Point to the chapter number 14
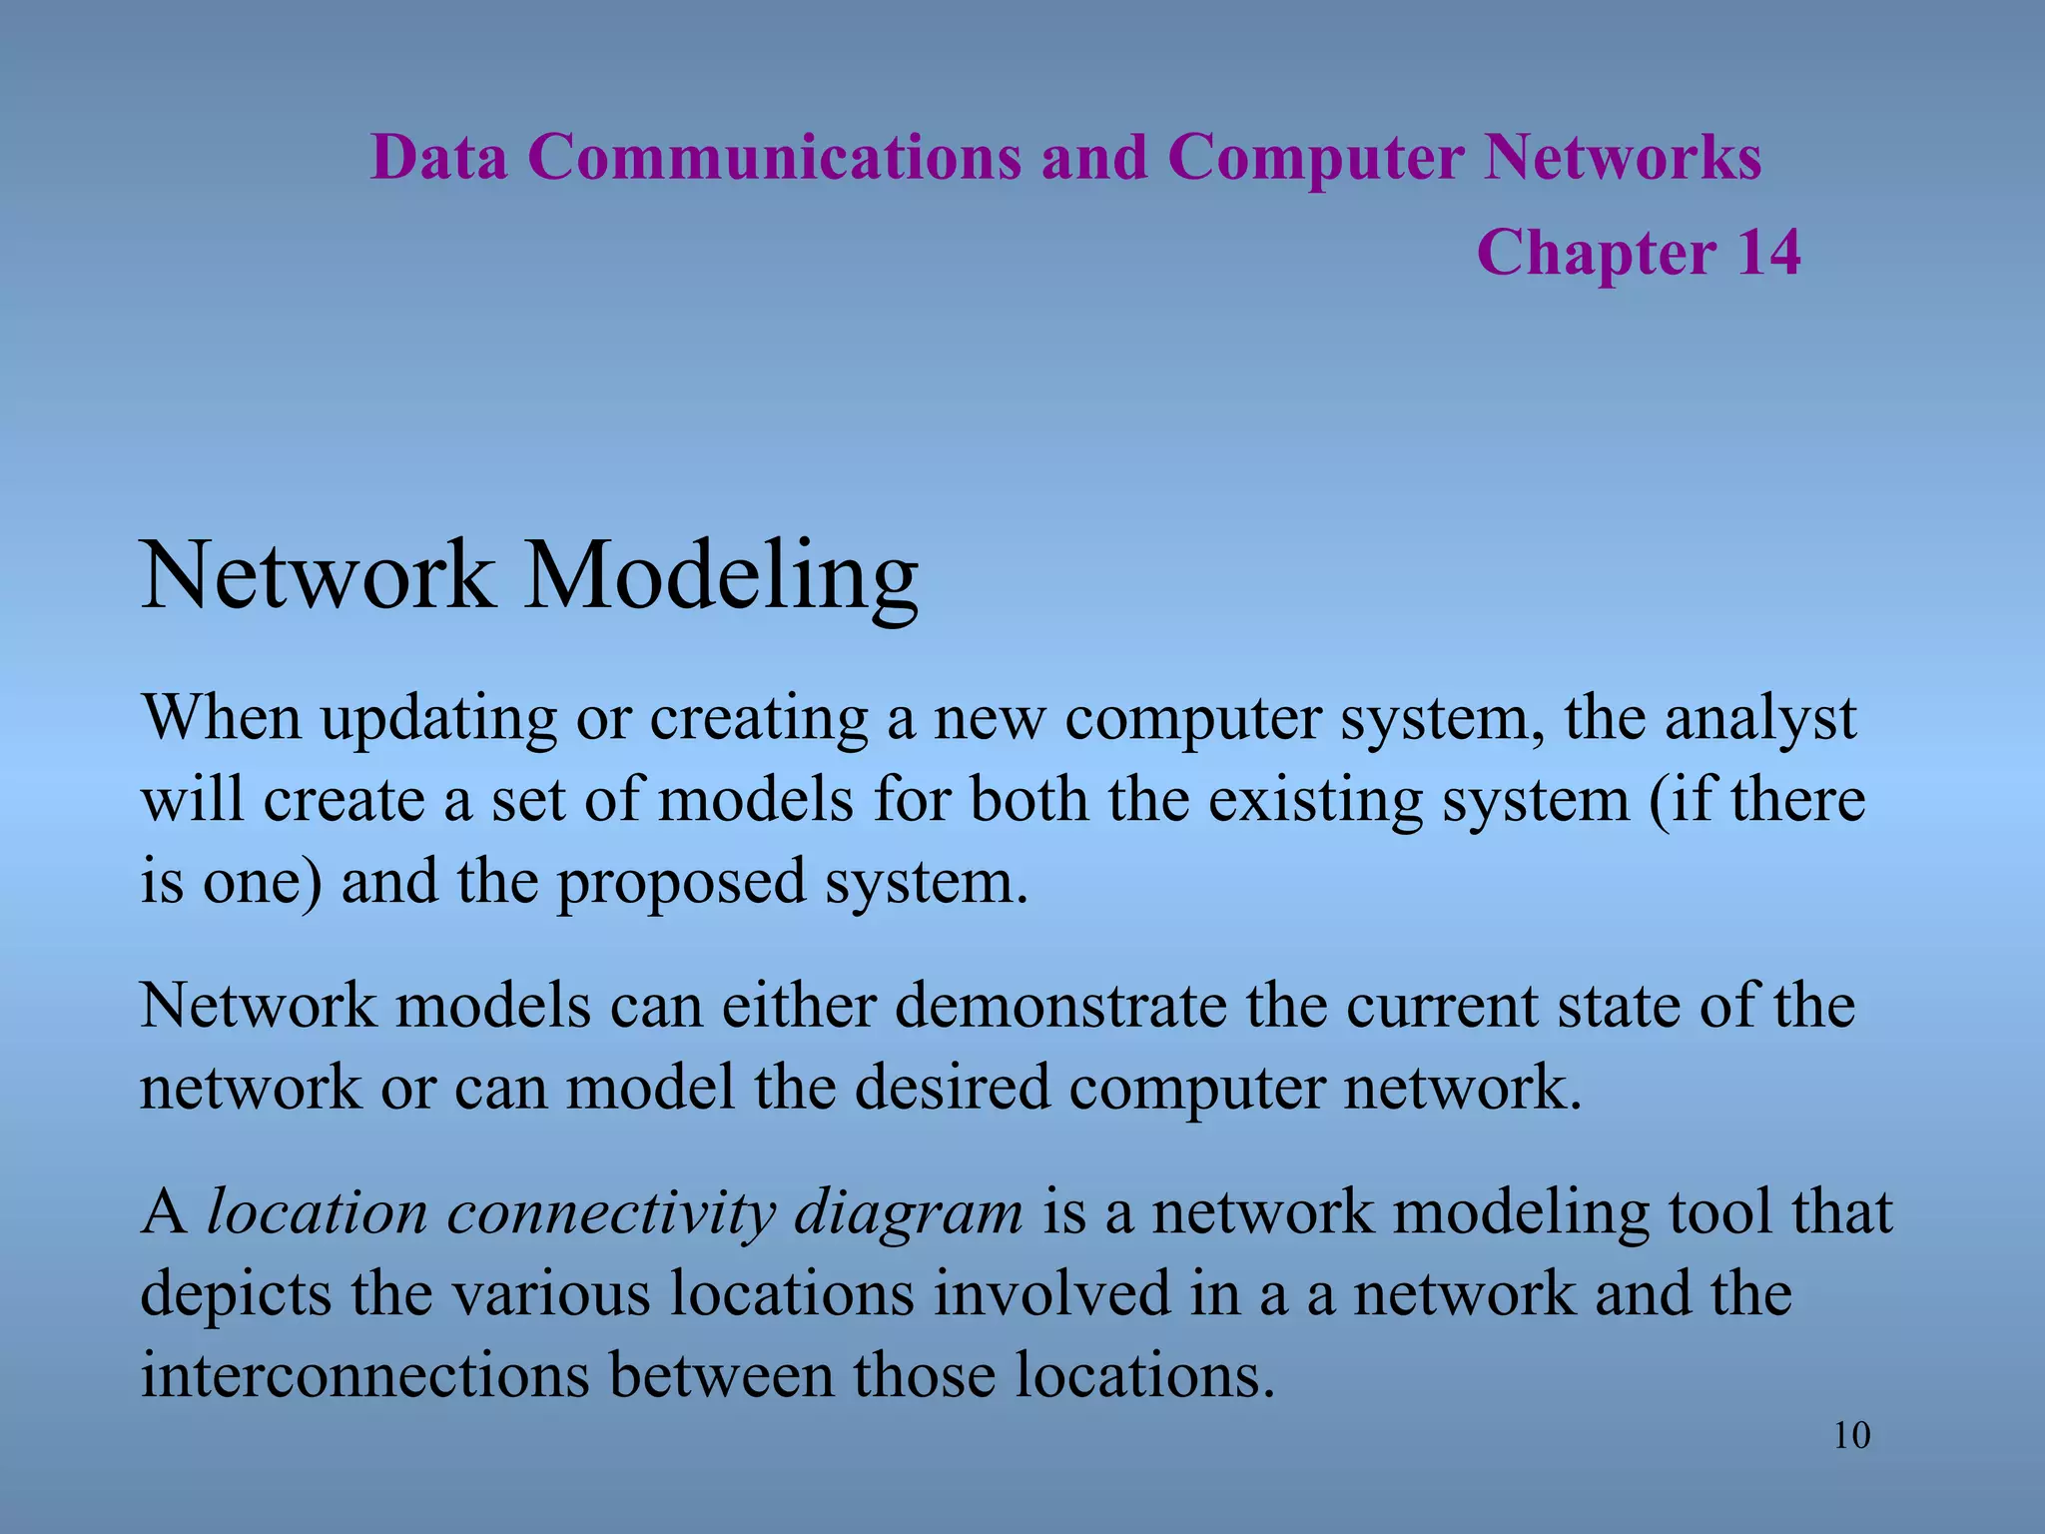coord(1768,252)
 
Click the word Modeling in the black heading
coord(721,577)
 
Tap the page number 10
coord(1851,1436)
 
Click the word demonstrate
coord(1060,1006)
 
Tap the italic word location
coord(317,1212)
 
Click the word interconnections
coord(364,1376)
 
